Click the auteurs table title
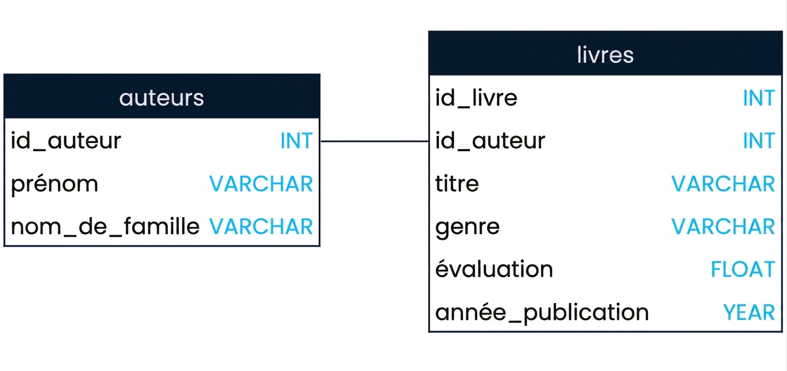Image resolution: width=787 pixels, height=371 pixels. (x=162, y=98)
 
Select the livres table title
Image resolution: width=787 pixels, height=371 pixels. (x=605, y=55)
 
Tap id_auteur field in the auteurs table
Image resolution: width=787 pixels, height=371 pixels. (x=66, y=141)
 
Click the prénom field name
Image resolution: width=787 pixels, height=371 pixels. (x=54, y=184)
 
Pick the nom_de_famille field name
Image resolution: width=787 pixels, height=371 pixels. (x=105, y=226)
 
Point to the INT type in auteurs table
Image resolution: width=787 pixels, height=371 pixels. (x=296, y=141)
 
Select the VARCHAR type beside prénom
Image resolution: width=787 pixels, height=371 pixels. (x=261, y=184)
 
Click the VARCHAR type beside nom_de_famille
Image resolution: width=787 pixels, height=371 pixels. (x=261, y=227)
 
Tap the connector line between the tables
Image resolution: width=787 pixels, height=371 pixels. (x=374, y=141)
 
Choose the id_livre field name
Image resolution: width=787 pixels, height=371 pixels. (x=476, y=98)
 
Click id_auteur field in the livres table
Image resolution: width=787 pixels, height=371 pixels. (x=491, y=141)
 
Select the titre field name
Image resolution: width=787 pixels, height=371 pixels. (x=457, y=183)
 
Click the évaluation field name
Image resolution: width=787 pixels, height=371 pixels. (x=494, y=269)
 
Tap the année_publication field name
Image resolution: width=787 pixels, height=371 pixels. (x=542, y=313)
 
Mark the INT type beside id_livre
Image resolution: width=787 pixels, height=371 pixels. (x=759, y=98)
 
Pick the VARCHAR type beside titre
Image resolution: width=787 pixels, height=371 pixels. (x=723, y=184)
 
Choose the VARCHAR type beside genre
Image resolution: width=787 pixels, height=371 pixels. (x=723, y=227)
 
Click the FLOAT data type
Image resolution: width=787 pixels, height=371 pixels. (x=743, y=269)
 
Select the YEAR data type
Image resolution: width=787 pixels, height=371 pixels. (x=749, y=313)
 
